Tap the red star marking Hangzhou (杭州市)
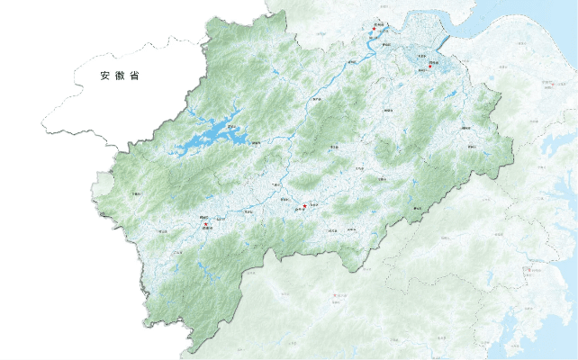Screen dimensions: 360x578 point(372,30)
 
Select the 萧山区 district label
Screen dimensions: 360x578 point(387,44)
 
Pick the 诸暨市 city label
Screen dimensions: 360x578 point(389,110)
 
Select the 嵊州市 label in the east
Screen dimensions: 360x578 point(466,129)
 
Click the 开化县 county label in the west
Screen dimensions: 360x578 point(137,193)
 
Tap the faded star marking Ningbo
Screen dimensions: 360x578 point(546,84)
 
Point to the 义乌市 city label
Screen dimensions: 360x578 point(359,167)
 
